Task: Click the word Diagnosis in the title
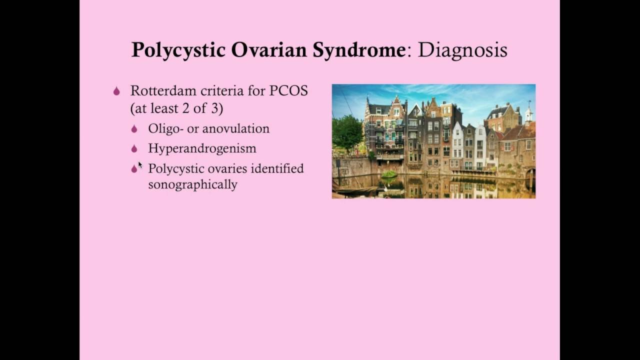[x=462, y=50]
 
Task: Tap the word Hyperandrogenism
[x=202, y=148]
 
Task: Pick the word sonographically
[x=192, y=184]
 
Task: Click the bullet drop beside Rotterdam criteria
[x=116, y=91]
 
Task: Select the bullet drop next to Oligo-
[x=134, y=129]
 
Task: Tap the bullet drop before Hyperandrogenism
[x=134, y=149]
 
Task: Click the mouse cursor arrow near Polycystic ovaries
[x=140, y=164]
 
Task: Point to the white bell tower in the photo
[x=528, y=114]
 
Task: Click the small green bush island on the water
[x=388, y=174]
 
